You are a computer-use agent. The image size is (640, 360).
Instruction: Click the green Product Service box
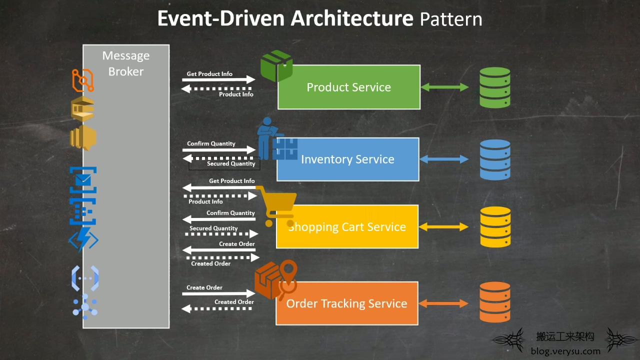[349, 87]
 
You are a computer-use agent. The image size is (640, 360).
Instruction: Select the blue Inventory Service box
[347, 159]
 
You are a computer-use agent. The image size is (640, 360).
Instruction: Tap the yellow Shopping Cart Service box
[347, 226]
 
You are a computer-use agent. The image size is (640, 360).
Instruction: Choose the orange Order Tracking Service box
[347, 303]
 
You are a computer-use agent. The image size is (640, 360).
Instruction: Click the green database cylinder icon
[495, 87]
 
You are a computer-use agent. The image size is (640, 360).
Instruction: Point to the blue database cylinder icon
[495, 159]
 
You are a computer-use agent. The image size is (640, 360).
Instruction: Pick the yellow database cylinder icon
[495, 227]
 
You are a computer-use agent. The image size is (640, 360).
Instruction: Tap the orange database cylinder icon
[495, 302]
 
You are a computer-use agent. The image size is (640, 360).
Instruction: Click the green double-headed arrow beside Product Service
[444, 87]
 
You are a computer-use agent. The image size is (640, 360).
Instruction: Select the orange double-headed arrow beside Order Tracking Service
[443, 303]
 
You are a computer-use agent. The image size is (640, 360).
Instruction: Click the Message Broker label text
[126, 63]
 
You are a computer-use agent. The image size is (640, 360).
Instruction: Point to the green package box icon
[276, 65]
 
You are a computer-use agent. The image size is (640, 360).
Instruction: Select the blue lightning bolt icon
[83, 239]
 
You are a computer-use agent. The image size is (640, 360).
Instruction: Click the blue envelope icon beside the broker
[83, 179]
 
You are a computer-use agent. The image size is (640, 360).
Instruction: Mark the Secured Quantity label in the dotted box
[231, 163]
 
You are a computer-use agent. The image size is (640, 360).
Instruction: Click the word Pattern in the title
[451, 19]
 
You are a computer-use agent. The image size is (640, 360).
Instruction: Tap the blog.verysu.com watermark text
[565, 351]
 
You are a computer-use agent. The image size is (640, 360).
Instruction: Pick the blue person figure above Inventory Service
[267, 138]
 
